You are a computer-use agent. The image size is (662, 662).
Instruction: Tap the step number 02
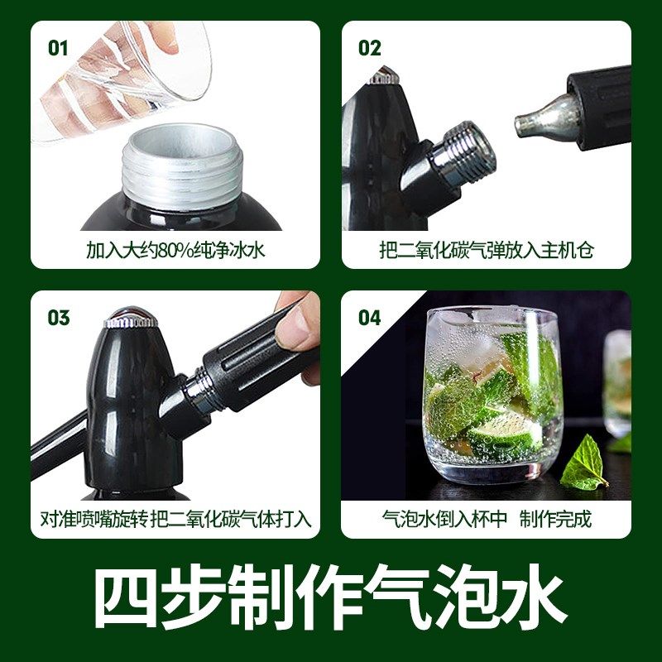pyautogui.click(x=369, y=47)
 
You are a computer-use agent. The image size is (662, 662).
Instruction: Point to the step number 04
pyautogui.click(x=370, y=318)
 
